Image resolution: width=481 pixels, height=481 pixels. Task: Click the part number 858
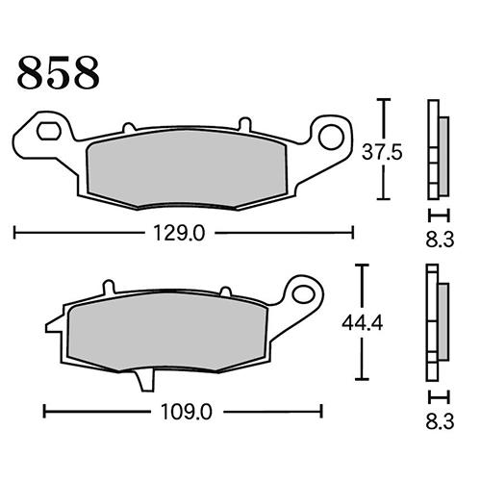pos(58,73)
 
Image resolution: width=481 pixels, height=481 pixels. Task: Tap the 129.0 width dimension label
pos(179,233)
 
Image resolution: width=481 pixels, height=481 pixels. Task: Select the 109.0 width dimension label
pos(187,412)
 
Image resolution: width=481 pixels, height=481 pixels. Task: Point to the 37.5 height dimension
pos(382,152)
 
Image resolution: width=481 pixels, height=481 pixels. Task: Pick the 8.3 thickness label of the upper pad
pos(440,240)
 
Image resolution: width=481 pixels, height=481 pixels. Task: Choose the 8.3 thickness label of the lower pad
pos(440,421)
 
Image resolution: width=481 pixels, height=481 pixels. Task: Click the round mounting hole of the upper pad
pos(331,138)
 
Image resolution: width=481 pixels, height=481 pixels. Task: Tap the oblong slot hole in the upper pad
pos(49,131)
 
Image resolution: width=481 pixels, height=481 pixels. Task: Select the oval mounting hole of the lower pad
pos(304,294)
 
